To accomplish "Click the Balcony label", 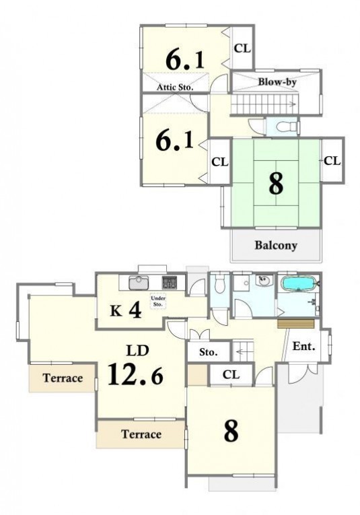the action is [276, 245].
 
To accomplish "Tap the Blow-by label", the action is [277, 81].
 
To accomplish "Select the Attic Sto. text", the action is [175, 87].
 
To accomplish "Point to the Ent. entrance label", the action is [303, 346].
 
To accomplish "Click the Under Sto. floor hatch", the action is [158, 301].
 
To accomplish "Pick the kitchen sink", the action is [139, 283].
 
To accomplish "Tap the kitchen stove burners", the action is [170, 283].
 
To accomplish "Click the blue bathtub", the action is [298, 283].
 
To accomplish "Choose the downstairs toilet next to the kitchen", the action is [219, 285].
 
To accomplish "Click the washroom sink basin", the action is [263, 281].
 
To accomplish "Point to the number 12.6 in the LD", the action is [135, 374].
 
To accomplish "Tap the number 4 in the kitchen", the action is [135, 310].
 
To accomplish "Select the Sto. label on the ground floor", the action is [209, 352].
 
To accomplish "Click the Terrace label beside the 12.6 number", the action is [63, 378].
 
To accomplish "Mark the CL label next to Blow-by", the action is [242, 48].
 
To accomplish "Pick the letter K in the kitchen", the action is [116, 311].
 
